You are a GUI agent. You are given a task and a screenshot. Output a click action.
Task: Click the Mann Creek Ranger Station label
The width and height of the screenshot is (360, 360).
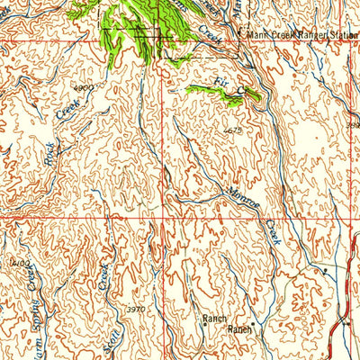point(297,35)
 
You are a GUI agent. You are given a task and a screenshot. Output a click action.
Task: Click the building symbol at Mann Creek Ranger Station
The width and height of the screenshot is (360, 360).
point(238,36)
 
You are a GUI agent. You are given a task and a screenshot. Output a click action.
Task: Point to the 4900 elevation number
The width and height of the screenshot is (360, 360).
point(83,88)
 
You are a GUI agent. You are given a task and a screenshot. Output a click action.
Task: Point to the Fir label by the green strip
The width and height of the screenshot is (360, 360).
point(220,83)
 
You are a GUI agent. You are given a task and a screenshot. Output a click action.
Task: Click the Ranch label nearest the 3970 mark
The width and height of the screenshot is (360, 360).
point(214,318)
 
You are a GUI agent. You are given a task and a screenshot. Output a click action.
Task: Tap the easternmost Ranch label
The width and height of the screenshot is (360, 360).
point(240,329)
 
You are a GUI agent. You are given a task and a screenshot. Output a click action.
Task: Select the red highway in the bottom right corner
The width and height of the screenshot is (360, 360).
point(346,324)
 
